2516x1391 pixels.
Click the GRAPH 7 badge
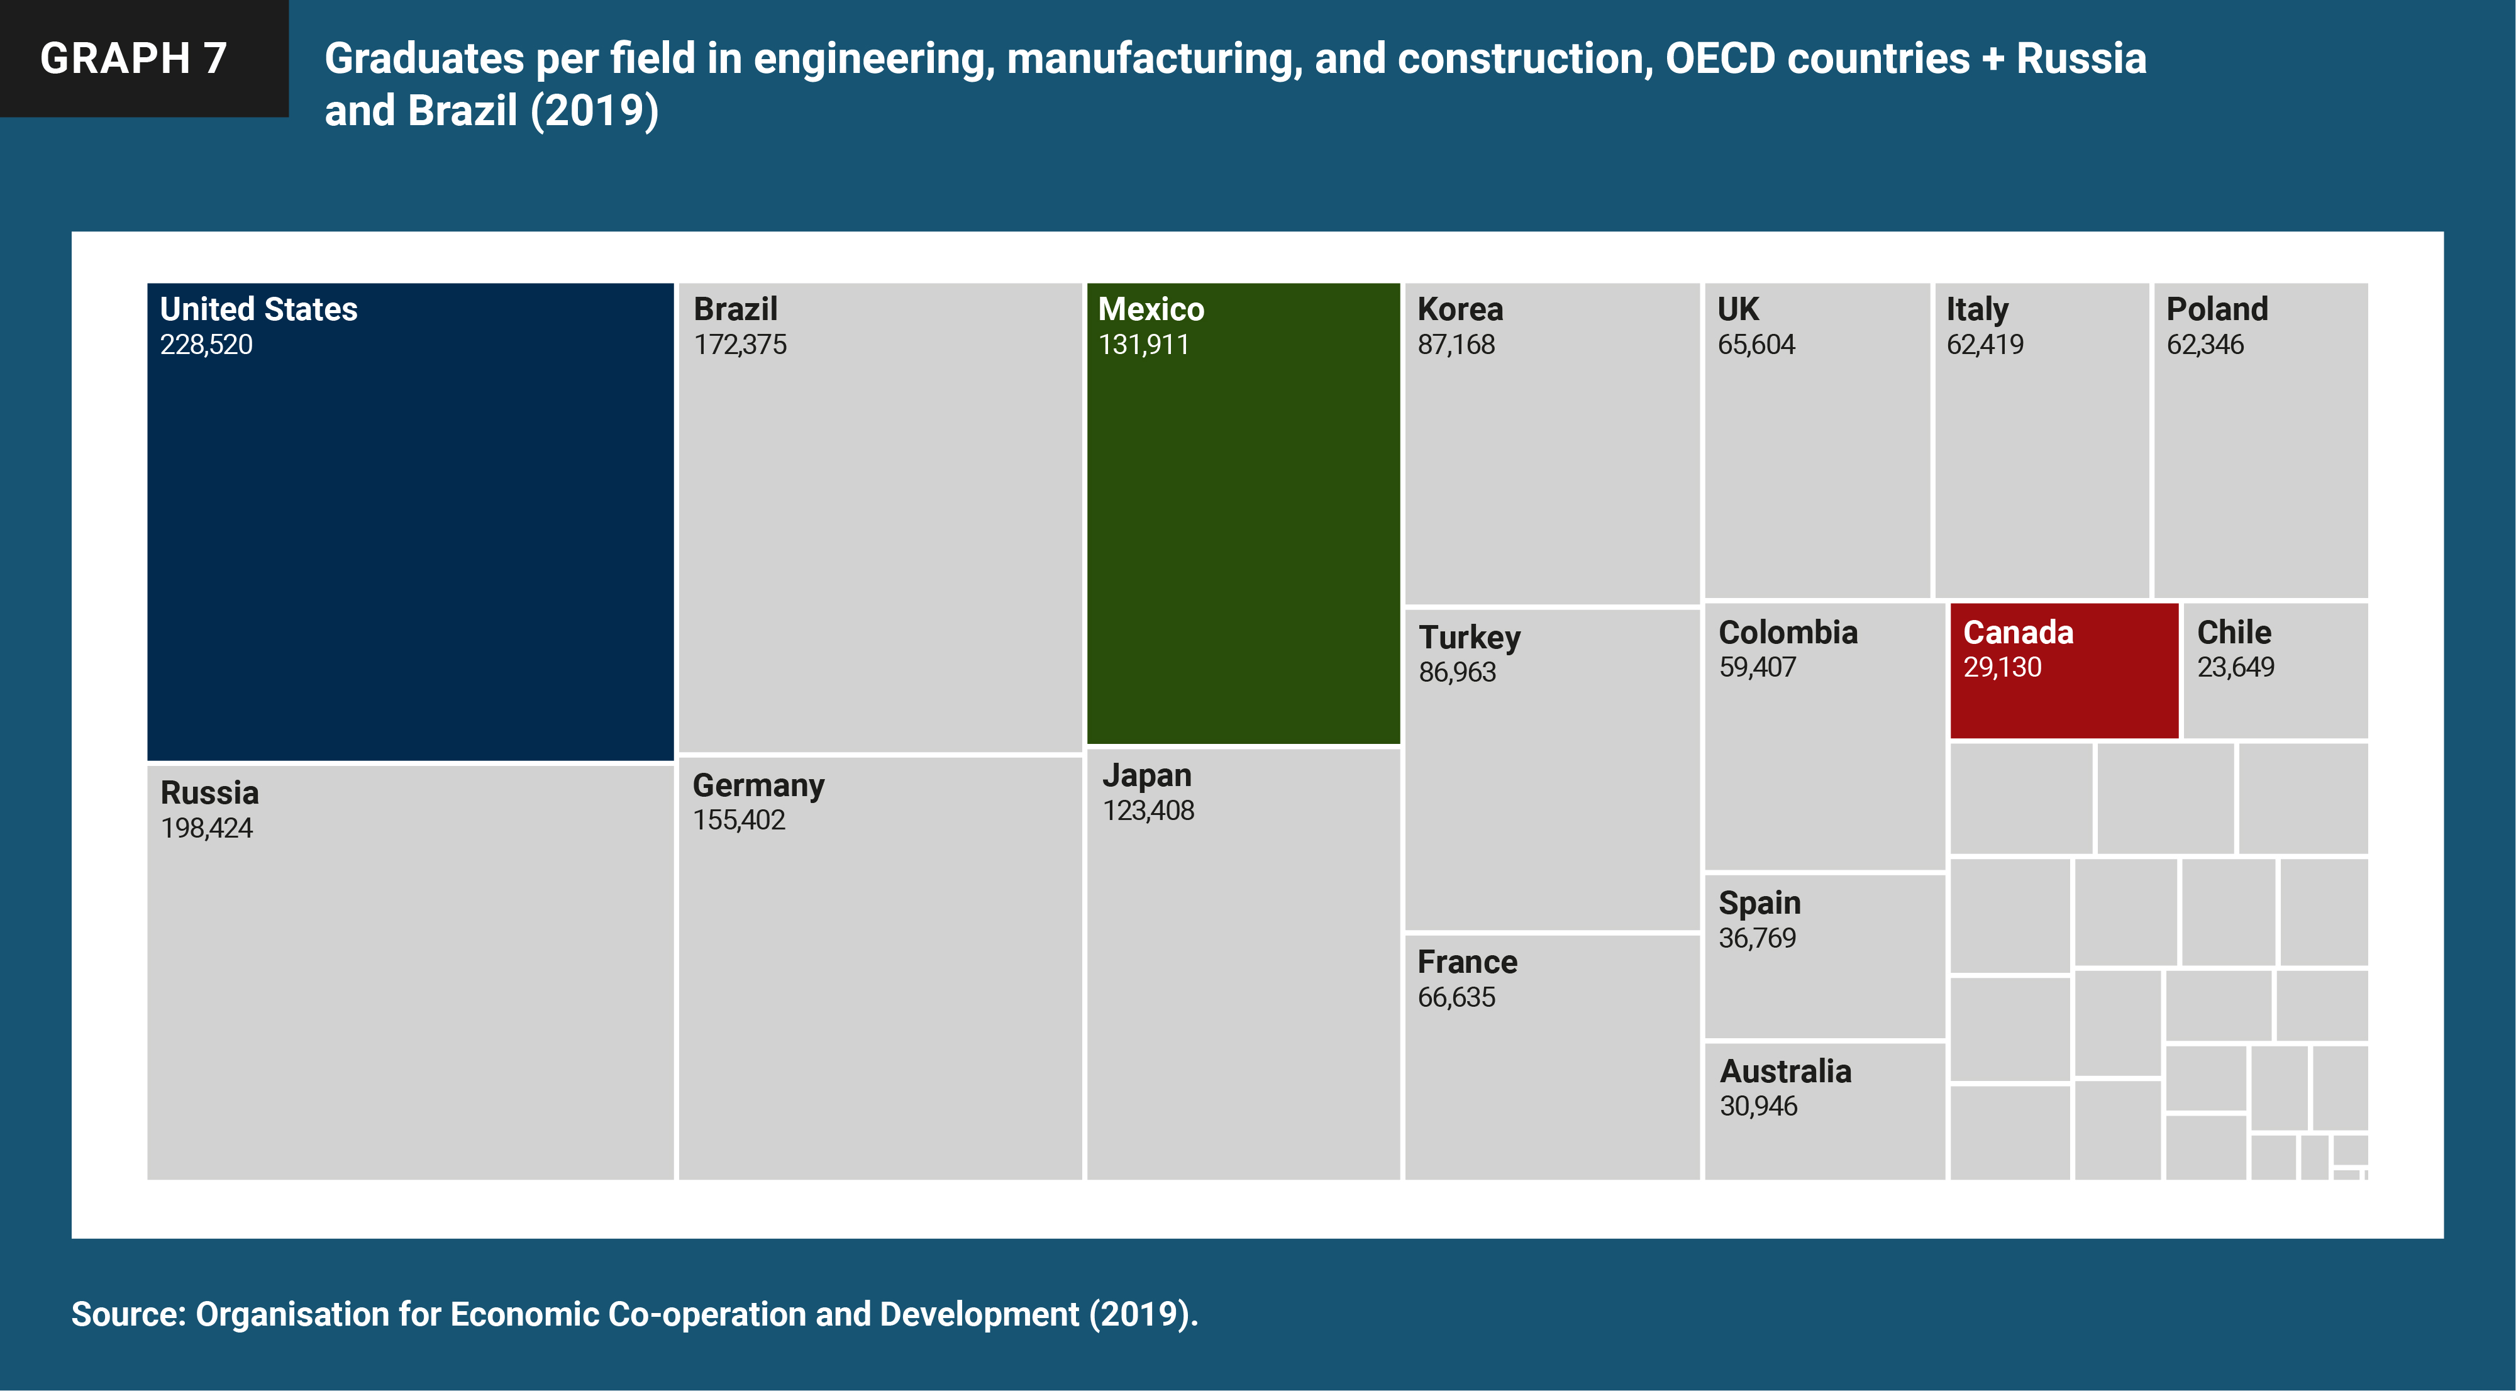click(x=134, y=58)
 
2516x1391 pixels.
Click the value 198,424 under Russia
click(x=206, y=828)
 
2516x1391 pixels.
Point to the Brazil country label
click(x=736, y=309)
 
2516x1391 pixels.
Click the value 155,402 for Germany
click(x=738, y=821)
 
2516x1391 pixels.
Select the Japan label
click(x=1146, y=775)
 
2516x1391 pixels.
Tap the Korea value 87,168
click(x=1455, y=345)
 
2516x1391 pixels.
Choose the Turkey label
click(x=1469, y=638)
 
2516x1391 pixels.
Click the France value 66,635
click(x=1455, y=997)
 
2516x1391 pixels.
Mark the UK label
click(x=1737, y=309)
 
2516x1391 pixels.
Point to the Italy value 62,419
click(x=1985, y=345)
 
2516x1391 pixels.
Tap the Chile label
click(x=2234, y=633)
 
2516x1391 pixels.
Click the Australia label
click(x=1785, y=1072)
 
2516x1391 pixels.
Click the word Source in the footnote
click(x=128, y=1315)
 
